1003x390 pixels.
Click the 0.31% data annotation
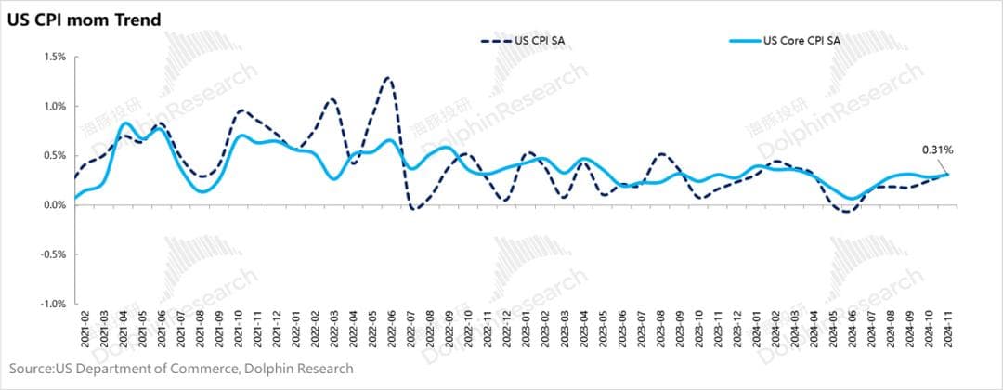coord(937,149)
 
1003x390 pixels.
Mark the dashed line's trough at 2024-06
coord(844,212)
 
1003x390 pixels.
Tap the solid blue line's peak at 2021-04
coord(127,123)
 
